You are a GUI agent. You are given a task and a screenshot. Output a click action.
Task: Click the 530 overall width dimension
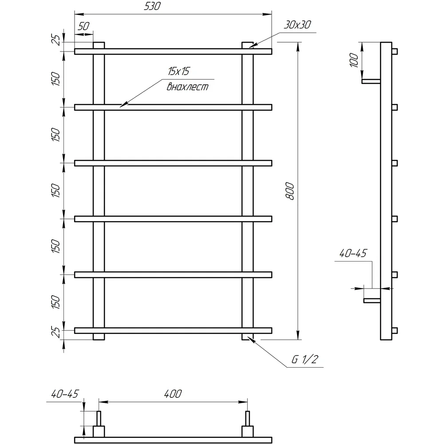tap(152, 6)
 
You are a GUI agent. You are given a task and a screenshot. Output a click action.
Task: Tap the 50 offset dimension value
tap(83, 26)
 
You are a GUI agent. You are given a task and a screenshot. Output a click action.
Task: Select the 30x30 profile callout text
tap(297, 24)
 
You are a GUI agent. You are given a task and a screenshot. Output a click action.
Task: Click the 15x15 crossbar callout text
tap(178, 71)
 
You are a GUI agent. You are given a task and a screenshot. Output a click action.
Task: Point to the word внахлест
tap(187, 86)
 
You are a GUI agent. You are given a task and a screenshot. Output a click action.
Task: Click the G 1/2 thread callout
tap(305, 359)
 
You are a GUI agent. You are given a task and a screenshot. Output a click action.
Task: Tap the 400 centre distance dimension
tap(173, 393)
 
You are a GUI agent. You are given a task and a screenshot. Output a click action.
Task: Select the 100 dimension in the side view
tap(354, 60)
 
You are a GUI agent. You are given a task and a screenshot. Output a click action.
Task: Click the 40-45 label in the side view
tap(353, 253)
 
